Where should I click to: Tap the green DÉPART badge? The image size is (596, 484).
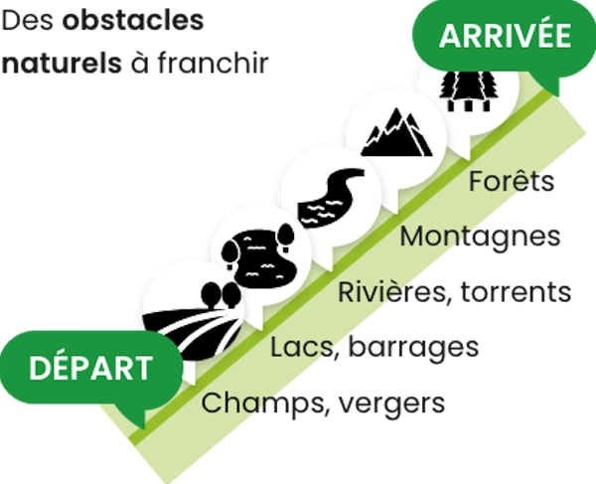coord(91,368)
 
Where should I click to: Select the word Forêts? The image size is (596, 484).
coord(512,181)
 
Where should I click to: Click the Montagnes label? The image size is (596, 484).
coord(480,238)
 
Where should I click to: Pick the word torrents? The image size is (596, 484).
coord(516,293)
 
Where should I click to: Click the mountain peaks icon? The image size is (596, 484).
coord(396,132)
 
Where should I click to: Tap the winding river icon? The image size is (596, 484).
coord(331,198)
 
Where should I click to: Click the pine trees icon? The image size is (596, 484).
coord(469,91)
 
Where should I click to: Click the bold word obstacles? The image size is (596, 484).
coord(133,21)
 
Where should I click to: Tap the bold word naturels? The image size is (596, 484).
coord(62,64)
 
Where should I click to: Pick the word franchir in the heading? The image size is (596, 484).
coord(214,63)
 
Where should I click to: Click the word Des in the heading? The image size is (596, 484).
coord(28,21)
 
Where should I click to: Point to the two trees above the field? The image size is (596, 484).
coord(221,294)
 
